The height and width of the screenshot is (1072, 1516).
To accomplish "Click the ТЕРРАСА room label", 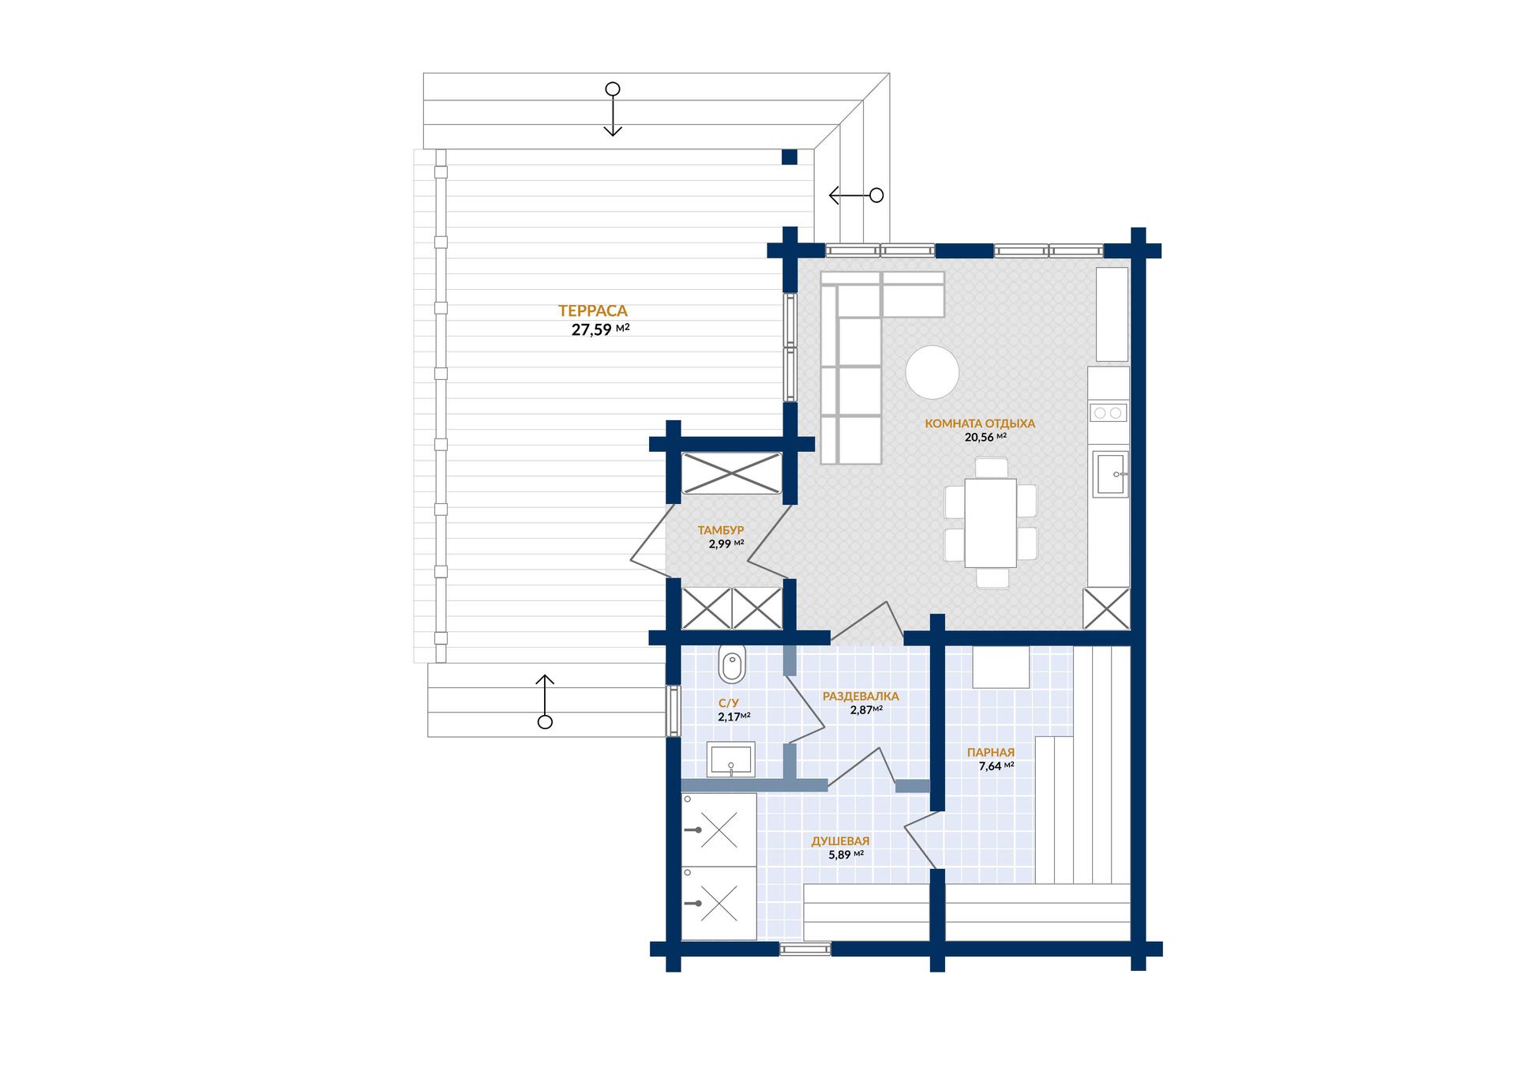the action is (x=592, y=311).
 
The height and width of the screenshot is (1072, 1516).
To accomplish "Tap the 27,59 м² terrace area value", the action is (x=600, y=330).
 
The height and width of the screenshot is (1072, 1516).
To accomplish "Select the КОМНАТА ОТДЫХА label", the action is (x=980, y=423).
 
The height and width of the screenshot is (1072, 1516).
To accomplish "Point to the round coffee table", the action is (x=932, y=372).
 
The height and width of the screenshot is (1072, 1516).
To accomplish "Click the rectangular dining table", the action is (x=991, y=522).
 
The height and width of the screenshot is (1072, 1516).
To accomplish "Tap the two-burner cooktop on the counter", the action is (x=1108, y=412).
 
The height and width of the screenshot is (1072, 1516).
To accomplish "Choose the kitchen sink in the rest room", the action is (x=1110, y=473).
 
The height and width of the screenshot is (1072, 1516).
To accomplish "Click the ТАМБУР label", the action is (x=721, y=530).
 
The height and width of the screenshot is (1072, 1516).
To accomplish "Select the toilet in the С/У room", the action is (x=732, y=664).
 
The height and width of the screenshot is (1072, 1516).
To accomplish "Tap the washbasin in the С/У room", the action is (x=730, y=760).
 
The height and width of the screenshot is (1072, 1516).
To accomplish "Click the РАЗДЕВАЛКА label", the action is (x=861, y=697).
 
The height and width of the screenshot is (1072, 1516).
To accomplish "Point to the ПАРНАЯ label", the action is (x=991, y=753).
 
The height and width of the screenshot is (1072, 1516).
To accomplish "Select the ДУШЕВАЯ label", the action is (x=840, y=841).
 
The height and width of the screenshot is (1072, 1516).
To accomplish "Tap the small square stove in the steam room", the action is (x=1000, y=668).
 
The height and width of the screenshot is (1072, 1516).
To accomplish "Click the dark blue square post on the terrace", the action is (x=790, y=157).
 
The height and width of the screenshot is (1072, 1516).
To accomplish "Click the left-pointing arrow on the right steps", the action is (x=856, y=195).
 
